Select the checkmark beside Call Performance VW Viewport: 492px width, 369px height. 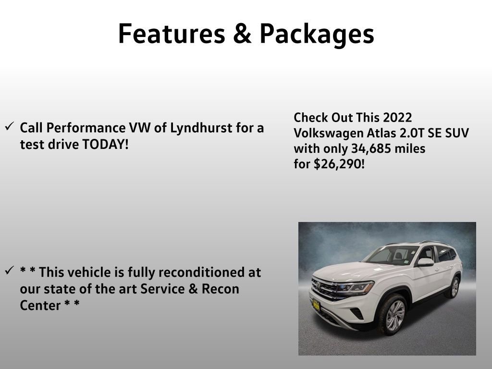pos(9,127)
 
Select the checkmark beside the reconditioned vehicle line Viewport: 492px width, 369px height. pos(9,271)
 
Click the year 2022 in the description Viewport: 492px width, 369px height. pos(397,118)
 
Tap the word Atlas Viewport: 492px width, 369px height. pos(370,133)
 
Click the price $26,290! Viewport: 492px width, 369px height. pos(339,164)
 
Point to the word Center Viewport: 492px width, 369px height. pos(40,305)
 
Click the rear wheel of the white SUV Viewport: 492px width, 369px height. pos(453,287)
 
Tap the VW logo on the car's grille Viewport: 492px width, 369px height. pos(318,287)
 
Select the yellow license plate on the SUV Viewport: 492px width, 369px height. pos(316,304)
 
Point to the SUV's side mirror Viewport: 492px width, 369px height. pos(425,262)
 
